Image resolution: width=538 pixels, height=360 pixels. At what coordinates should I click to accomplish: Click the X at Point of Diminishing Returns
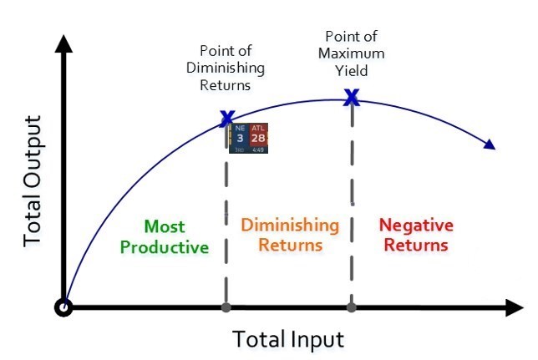pos(226,118)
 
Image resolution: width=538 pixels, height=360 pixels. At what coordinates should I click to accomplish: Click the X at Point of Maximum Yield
pos(352,98)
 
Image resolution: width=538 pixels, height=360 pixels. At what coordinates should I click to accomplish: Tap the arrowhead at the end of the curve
pos(490,145)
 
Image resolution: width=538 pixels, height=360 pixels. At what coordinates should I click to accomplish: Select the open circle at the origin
pos(63,307)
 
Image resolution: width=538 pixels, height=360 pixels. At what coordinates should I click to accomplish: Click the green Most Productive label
pos(164,236)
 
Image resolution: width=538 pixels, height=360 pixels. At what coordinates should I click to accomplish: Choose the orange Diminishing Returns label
pos(290,236)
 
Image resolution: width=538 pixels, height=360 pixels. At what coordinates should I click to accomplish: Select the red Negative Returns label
pos(415,236)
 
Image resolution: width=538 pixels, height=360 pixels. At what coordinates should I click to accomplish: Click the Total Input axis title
pos(287,340)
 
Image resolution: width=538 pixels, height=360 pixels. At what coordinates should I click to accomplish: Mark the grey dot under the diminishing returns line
pos(226,307)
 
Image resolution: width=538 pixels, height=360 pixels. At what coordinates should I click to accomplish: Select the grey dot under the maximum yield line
pos(352,307)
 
